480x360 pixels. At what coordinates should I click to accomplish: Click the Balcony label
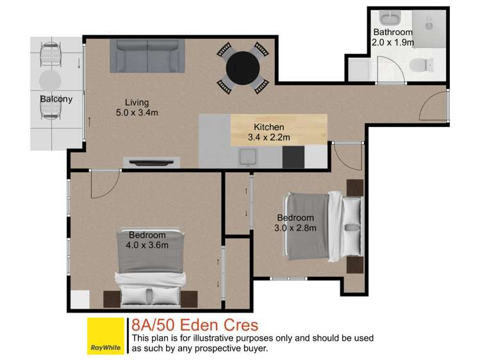pyautogui.click(x=56, y=99)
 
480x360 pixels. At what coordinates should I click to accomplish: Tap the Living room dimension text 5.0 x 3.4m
pyautogui.click(x=137, y=113)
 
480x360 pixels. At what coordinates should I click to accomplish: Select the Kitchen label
pyautogui.click(x=269, y=127)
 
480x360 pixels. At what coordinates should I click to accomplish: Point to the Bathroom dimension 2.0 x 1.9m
pyautogui.click(x=393, y=42)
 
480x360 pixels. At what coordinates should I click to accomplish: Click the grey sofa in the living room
pyautogui.click(x=147, y=56)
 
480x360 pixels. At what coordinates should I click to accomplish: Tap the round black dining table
pyautogui.click(x=242, y=66)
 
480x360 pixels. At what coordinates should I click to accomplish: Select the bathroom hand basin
pyautogui.click(x=390, y=18)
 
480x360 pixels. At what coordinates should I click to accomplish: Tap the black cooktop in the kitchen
pyautogui.click(x=293, y=157)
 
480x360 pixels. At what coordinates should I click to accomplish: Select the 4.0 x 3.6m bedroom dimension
pyautogui.click(x=147, y=245)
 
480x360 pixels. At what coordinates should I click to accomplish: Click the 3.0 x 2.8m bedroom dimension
pyautogui.click(x=295, y=227)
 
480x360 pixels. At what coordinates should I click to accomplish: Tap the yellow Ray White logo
pyautogui.click(x=106, y=336)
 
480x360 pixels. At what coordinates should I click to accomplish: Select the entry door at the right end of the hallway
pyautogui.click(x=438, y=107)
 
